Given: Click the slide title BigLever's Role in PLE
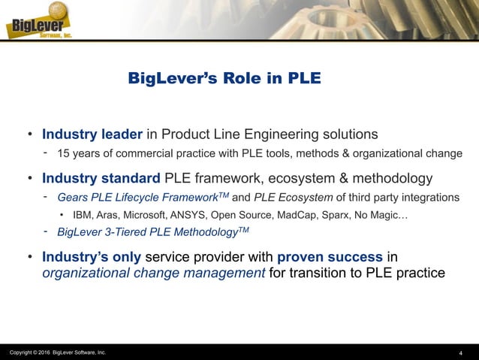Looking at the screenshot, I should pos(224,79).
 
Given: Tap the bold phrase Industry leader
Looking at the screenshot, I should pos(92,135).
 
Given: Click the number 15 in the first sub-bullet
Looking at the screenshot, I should pos(65,154).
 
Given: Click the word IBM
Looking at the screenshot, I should pos(83,214).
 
